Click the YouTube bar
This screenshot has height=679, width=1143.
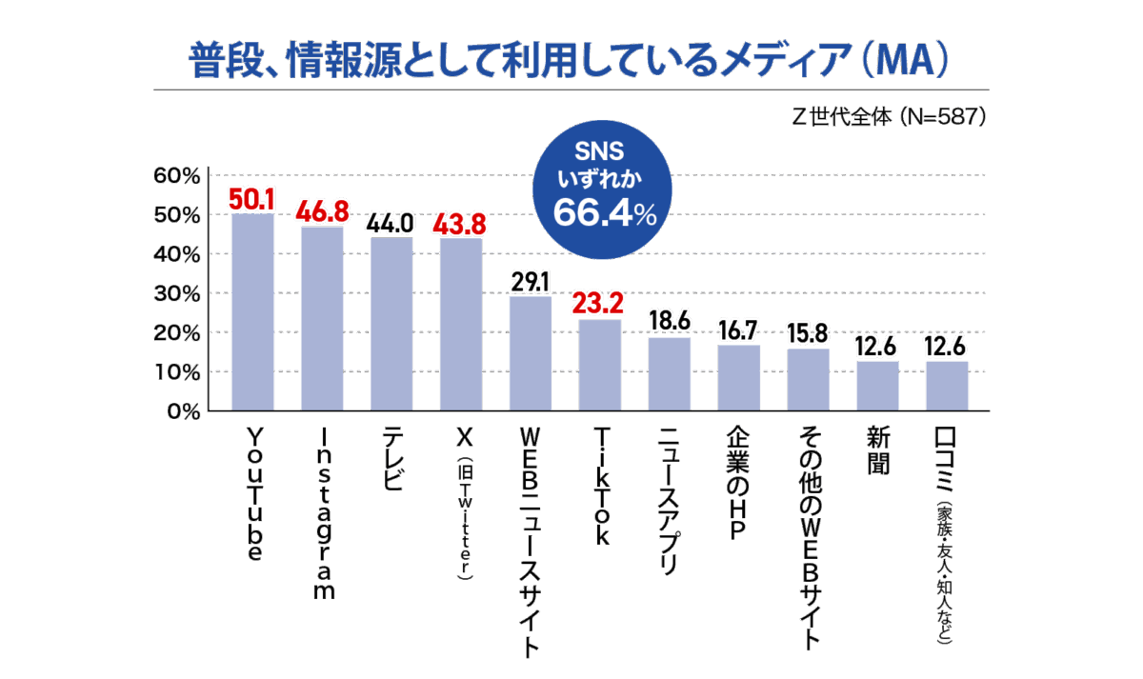click(x=252, y=312)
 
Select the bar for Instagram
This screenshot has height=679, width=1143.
click(x=322, y=319)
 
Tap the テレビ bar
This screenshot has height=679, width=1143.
click(x=391, y=324)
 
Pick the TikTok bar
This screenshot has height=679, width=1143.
click(x=600, y=365)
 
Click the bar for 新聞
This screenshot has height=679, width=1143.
click(x=877, y=386)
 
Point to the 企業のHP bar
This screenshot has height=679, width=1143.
click(x=738, y=378)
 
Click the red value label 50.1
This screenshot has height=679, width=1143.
click(x=252, y=200)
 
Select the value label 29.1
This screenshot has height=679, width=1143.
click(x=531, y=283)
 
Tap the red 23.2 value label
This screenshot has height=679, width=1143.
click(x=600, y=306)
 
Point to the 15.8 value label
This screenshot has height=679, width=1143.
click(x=808, y=334)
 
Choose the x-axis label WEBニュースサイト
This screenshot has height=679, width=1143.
click(x=531, y=543)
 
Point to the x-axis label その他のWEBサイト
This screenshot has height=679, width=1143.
click(x=808, y=537)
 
